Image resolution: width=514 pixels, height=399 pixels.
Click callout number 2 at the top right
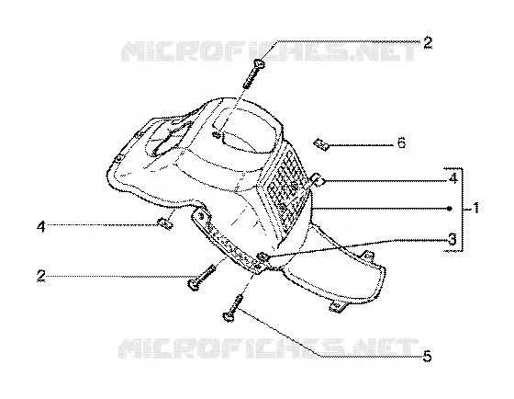(428, 43)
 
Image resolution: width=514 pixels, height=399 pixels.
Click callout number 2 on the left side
(41, 276)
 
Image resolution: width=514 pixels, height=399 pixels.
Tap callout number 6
(401, 143)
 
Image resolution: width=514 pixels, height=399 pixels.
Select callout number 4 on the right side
(453, 179)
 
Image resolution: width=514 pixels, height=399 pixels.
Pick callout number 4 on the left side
(41, 226)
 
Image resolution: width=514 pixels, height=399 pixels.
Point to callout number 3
(452, 239)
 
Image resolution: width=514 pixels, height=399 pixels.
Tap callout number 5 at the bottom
(427, 356)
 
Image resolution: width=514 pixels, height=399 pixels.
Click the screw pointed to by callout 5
(233, 308)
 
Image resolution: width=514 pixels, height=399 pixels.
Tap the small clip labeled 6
(321, 144)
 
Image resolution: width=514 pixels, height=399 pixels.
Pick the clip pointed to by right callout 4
(318, 179)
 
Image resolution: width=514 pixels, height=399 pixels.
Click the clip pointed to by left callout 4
(165, 223)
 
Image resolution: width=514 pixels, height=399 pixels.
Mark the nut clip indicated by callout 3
(263, 256)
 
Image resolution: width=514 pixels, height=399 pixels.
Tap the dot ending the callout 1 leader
(450, 209)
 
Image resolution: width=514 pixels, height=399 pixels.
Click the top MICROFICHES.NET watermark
(270, 51)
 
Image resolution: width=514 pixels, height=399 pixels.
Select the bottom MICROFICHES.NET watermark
(268, 348)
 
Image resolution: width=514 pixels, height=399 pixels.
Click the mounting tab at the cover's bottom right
(336, 307)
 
